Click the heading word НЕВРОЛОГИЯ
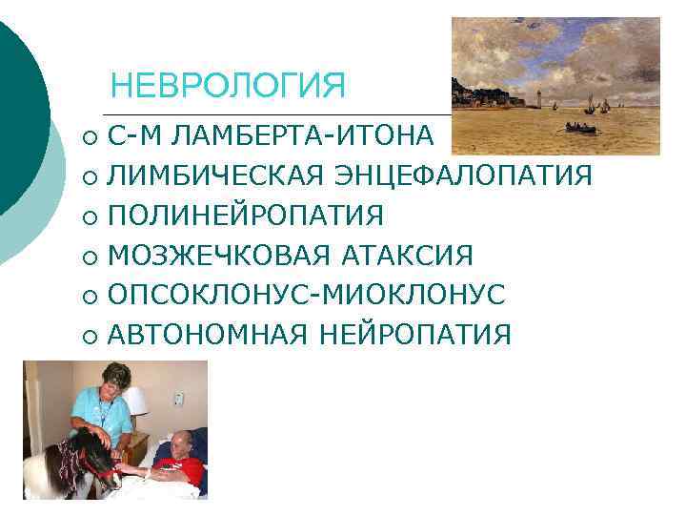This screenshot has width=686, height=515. (228, 87)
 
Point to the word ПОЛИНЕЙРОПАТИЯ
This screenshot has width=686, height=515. (246, 216)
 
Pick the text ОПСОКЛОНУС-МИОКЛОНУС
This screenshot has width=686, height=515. (306, 295)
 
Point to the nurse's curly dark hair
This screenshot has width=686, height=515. (112, 372)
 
